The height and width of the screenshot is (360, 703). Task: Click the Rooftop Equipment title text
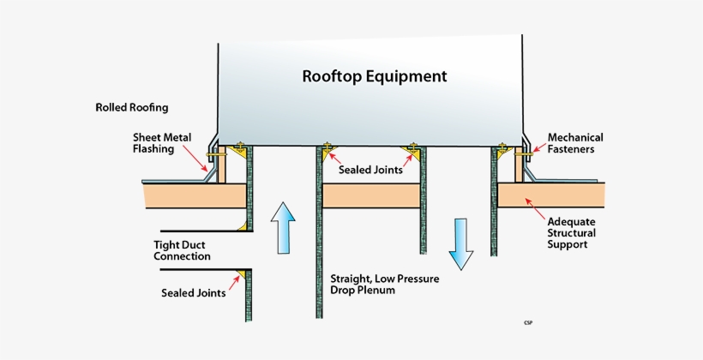[x=374, y=76]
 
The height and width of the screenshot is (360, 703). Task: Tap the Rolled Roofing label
[x=132, y=108]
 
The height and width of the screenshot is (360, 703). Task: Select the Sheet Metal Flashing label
[x=162, y=142]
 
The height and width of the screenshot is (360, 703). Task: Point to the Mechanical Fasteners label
[x=575, y=143]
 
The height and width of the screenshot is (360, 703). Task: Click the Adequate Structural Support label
[x=572, y=232]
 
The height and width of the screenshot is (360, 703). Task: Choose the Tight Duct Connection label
[x=182, y=249]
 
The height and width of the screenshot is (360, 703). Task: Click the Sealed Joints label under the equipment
[x=370, y=170]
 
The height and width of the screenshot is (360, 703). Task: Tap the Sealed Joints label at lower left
[x=193, y=292]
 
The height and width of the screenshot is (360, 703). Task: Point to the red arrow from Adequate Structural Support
[x=534, y=208]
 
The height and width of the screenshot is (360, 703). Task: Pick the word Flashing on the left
[x=153, y=149]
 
